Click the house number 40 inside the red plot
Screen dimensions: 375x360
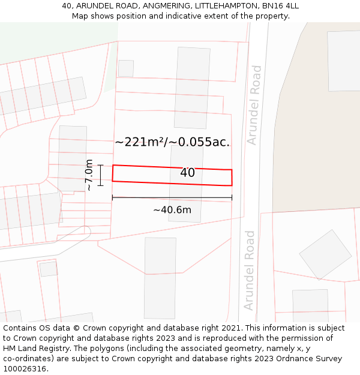pos(187,173)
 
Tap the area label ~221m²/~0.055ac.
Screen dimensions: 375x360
pos(172,142)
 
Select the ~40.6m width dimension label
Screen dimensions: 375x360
pos(172,210)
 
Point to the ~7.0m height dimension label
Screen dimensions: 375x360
pos(89,175)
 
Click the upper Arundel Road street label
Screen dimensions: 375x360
pos(254,105)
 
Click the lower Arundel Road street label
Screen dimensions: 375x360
pos(250,270)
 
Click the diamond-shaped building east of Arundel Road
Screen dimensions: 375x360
pos(325,254)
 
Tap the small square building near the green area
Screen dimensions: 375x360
pos(126,68)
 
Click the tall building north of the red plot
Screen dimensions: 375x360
pos(192,88)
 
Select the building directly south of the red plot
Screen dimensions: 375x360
pos(160,278)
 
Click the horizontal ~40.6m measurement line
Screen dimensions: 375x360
pos(172,197)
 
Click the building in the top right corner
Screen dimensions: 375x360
pos(344,60)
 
